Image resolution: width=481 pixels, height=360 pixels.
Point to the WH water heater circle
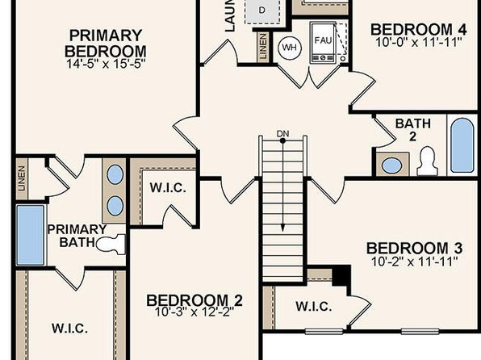point(289,48)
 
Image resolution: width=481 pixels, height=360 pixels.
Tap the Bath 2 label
point(412,131)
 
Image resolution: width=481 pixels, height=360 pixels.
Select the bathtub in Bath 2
point(462,145)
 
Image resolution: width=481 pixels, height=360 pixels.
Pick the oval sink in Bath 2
point(392,165)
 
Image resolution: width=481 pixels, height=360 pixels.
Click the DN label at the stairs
point(282,133)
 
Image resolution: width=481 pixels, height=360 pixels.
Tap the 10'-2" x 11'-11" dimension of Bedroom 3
point(413,262)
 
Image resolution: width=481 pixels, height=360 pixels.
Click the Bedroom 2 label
point(194,301)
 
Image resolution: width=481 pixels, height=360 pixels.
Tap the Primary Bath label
point(77,235)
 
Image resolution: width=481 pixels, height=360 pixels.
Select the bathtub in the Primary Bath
point(30,235)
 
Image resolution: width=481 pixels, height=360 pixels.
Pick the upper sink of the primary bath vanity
point(115,174)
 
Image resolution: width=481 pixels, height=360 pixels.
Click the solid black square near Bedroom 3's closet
point(341,275)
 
